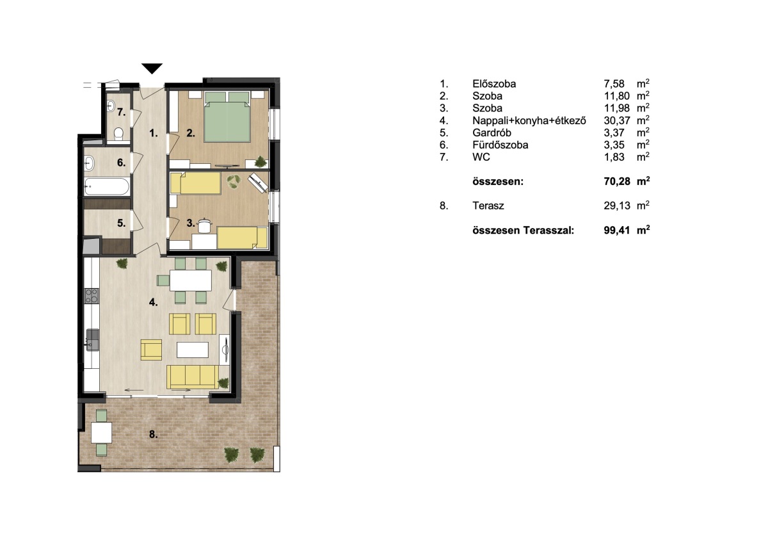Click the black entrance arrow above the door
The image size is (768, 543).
pyautogui.click(x=152, y=69)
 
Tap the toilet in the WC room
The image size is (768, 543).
pyautogui.click(x=118, y=134)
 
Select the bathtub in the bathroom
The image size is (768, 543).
pyautogui.click(x=107, y=186)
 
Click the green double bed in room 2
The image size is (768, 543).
pyautogui.click(x=227, y=117)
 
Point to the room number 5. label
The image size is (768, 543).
pyautogui.click(x=122, y=223)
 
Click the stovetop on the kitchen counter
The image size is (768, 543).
pyautogui.click(x=92, y=296)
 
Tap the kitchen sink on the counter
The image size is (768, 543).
pyautogui.click(x=92, y=339)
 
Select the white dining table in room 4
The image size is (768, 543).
pyautogui.click(x=191, y=280)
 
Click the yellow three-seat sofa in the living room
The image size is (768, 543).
pyautogui.click(x=193, y=377)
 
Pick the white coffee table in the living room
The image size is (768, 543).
pyautogui.click(x=193, y=350)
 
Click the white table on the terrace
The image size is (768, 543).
pyautogui.click(x=102, y=433)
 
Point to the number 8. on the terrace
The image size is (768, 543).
pyautogui.click(x=153, y=435)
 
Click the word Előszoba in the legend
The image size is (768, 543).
pyautogui.click(x=494, y=84)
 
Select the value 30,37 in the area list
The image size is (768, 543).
pyautogui.click(x=617, y=120)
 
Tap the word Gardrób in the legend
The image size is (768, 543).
pyautogui.click(x=492, y=133)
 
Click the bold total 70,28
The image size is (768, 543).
pyautogui.click(x=617, y=181)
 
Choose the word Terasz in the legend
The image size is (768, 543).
pyautogui.click(x=488, y=206)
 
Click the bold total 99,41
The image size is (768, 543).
pyautogui.click(x=617, y=230)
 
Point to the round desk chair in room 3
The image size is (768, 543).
pyautogui.click(x=205, y=225)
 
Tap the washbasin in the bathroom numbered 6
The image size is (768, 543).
pyautogui.click(x=89, y=163)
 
